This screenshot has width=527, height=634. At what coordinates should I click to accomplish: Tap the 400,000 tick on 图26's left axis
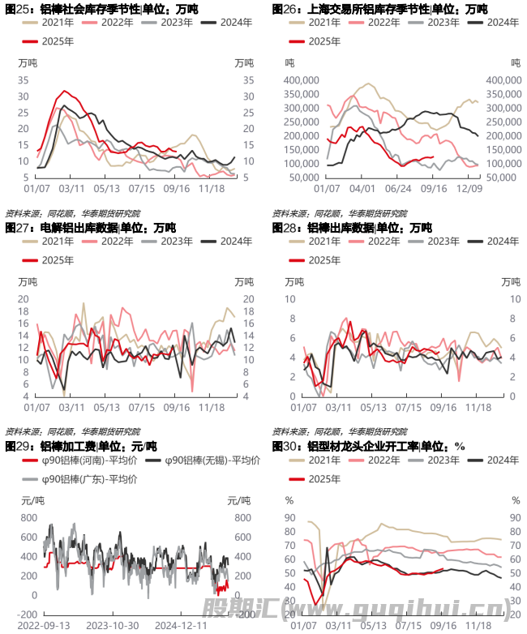pyautogui.click(x=300, y=80)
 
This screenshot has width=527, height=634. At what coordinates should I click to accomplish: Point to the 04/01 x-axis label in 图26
pyautogui.click(x=362, y=188)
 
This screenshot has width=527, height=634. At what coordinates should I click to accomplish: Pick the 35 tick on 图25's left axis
pyautogui.click(x=23, y=80)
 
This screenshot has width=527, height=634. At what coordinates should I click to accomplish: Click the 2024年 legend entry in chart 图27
pyautogui.click(x=236, y=241)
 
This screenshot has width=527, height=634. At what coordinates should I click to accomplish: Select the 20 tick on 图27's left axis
pyautogui.click(x=23, y=299)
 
